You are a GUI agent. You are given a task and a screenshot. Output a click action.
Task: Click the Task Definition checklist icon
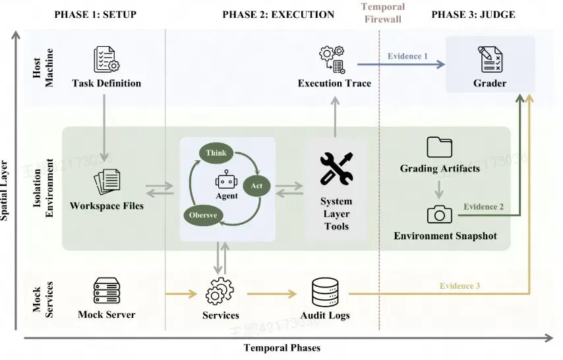107,59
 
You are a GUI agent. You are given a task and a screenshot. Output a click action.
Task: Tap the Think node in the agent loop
216,153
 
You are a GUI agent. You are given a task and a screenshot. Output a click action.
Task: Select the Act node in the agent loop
256,185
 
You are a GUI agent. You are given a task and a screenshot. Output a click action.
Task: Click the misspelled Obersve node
203,215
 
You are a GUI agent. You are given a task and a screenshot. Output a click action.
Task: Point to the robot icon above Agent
226,179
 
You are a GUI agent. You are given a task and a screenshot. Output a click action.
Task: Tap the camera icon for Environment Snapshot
439,214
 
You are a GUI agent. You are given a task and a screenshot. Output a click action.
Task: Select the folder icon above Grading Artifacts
440,147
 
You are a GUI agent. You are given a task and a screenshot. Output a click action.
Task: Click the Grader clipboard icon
490,59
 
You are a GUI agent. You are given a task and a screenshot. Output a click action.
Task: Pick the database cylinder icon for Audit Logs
325,293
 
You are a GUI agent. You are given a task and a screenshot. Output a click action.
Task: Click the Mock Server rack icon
107,291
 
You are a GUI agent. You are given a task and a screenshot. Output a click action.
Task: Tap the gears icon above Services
220,291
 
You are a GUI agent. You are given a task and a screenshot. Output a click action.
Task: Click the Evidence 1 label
407,56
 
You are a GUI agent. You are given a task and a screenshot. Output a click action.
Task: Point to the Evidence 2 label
483,206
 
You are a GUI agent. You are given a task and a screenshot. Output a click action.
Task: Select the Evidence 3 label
459,285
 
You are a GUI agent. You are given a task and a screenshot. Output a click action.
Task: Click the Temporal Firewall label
383,13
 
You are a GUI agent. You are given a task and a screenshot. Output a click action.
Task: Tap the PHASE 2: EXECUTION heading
278,15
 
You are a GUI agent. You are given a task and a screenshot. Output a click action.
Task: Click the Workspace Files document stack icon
107,181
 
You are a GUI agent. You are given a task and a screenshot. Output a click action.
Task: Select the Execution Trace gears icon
332,59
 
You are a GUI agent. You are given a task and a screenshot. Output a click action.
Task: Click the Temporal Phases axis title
282,347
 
